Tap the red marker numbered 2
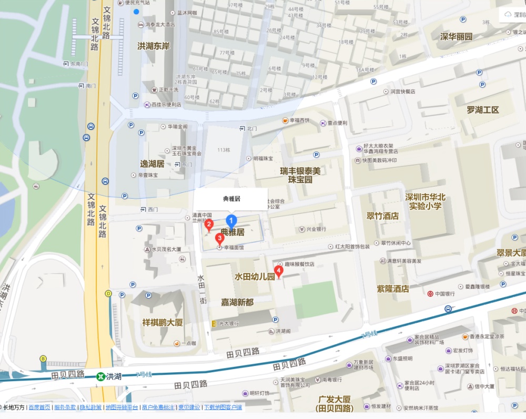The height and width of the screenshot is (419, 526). click(209, 226)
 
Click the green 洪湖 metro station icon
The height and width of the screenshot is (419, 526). click(100, 376)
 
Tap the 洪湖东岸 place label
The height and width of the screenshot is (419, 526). click(154, 46)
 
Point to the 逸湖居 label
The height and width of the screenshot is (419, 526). click(153, 164)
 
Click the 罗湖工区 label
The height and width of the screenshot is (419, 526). click(482, 110)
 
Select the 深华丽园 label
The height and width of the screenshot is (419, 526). click(456, 37)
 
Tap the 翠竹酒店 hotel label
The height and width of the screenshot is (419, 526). click(382, 216)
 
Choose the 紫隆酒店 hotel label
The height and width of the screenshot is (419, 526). click(393, 289)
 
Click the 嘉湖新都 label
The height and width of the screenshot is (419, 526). click(237, 302)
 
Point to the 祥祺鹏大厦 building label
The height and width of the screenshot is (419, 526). click(163, 322)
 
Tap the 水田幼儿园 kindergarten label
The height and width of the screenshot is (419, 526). click(255, 277)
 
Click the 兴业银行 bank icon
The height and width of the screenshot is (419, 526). click(302, 230)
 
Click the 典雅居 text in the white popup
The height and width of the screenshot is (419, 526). click(231, 199)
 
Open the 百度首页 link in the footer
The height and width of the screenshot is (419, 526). click(39, 407)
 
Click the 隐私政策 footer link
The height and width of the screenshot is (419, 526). click(90, 407)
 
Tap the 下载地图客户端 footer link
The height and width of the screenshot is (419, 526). click(223, 407)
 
